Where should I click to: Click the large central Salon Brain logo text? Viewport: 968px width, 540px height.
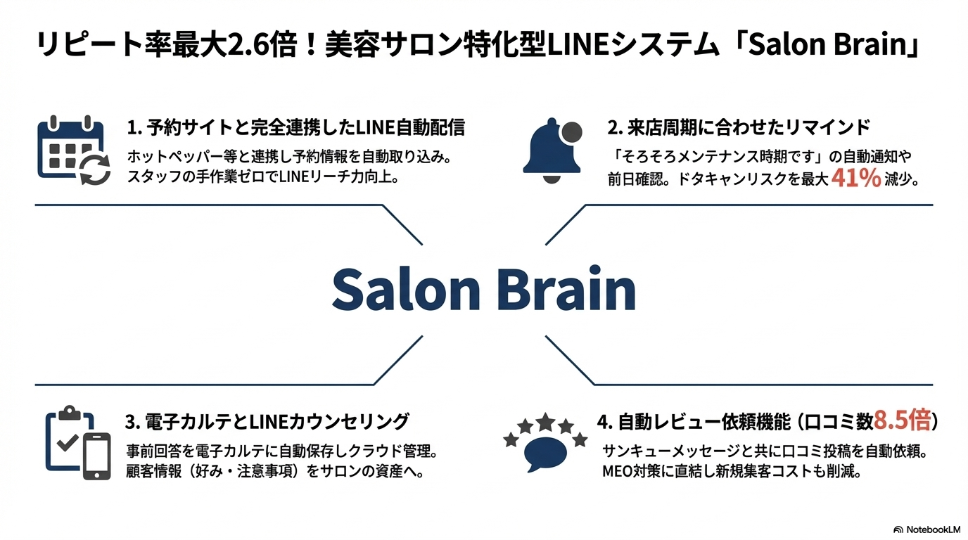pos(483,289)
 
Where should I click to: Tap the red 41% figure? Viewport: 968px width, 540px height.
pos(855,178)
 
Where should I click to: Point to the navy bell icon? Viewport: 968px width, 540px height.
pos(549,151)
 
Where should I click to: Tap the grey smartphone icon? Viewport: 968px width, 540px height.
pos(97,456)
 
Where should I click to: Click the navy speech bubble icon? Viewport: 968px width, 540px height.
pos(545,454)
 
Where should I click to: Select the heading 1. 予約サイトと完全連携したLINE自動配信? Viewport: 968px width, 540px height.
pos(296,128)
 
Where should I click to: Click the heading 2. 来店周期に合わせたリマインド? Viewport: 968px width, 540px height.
pos(739,128)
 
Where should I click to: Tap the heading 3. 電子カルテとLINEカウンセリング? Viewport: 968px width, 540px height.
pos(267,422)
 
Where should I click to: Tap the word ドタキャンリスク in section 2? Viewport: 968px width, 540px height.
pos(718,179)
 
